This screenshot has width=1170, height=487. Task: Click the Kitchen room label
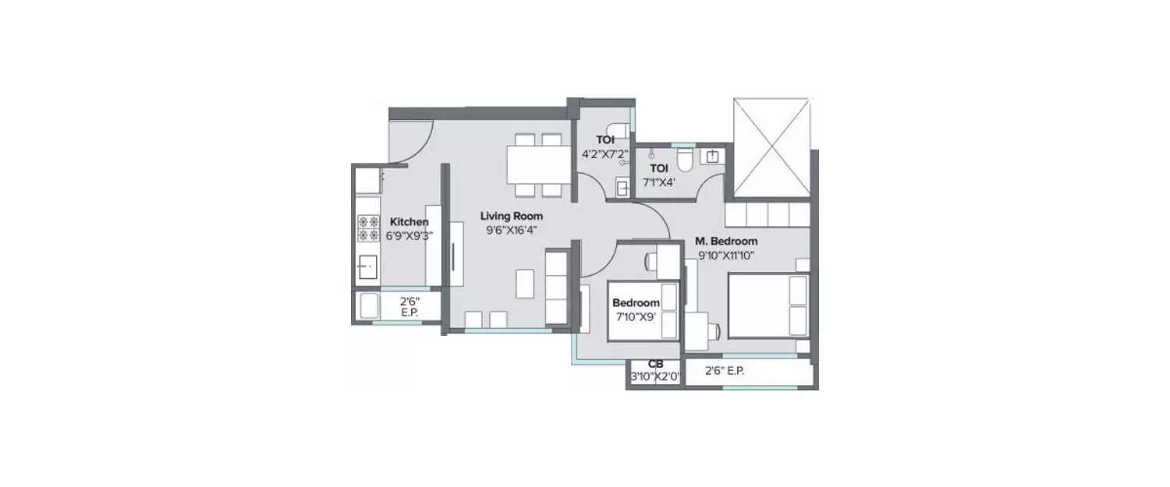(x=409, y=222)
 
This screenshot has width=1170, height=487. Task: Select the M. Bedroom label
(x=726, y=242)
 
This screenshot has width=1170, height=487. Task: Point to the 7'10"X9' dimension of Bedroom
(x=636, y=316)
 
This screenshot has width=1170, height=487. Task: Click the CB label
(x=655, y=365)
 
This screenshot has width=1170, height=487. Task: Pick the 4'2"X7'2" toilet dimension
(x=604, y=154)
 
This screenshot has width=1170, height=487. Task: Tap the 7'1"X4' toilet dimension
(x=659, y=182)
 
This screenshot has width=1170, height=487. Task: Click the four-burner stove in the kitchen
(x=368, y=228)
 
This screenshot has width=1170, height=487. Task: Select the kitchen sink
(x=367, y=267)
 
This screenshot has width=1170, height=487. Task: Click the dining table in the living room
(x=539, y=164)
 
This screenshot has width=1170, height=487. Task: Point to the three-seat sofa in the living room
(x=557, y=287)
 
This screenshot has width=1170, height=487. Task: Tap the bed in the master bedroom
(x=768, y=305)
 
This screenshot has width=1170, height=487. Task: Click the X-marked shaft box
(x=772, y=148)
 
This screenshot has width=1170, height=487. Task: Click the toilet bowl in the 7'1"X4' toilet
(x=685, y=160)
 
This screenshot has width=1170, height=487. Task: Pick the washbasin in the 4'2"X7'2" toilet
(x=622, y=188)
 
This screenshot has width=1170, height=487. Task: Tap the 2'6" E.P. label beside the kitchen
(x=409, y=306)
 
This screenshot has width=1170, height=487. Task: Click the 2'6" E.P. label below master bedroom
(x=725, y=371)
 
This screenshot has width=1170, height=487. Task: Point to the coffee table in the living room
(x=526, y=284)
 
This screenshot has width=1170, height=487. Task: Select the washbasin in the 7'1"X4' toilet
(x=712, y=156)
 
